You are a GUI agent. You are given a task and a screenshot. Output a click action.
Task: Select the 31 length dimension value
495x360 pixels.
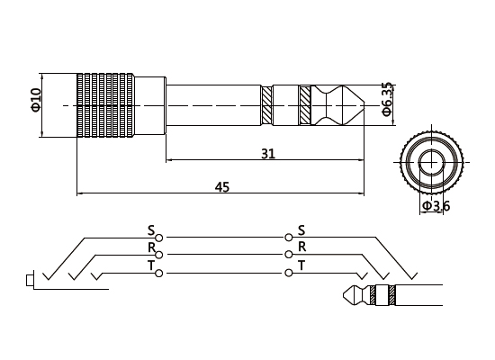pos(267,153)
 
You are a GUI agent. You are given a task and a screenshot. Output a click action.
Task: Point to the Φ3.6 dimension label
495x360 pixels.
pos(436,207)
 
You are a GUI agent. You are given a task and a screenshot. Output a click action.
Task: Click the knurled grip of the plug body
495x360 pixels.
pos(106,105)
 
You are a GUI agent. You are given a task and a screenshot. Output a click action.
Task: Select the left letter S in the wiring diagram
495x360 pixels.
pos(150,229)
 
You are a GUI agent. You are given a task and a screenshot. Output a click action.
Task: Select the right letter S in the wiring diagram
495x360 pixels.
pos(301,229)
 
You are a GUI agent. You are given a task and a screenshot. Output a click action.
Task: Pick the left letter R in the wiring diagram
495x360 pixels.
pos(150,247)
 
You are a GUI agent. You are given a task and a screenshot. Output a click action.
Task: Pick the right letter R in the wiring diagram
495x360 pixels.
pos(301,247)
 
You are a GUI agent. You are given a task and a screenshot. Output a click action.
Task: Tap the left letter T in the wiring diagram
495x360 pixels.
pos(150,265)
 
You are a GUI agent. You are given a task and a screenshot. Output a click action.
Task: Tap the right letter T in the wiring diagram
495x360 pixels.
pos(301,265)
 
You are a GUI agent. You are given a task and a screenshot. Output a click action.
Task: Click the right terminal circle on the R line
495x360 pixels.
pos(288,255)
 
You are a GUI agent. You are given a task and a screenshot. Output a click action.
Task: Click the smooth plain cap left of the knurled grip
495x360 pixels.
pos(59,105)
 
